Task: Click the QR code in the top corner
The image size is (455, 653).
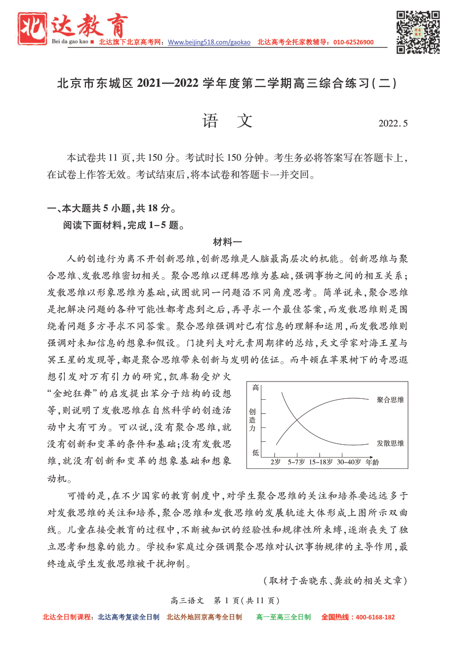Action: click(x=418, y=32)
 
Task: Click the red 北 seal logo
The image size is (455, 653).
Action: click(x=33, y=29)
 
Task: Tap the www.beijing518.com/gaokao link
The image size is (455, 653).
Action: click(x=209, y=42)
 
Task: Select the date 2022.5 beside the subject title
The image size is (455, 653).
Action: click(x=393, y=123)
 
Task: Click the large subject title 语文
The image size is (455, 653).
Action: click(x=227, y=121)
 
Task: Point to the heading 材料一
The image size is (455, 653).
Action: click(x=227, y=242)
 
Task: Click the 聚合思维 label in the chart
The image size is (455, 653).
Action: click(x=390, y=400)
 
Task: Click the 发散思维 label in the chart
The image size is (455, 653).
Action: click(x=390, y=443)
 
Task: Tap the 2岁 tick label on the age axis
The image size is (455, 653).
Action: click(x=276, y=462)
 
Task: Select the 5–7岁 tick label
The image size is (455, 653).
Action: click(x=296, y=462)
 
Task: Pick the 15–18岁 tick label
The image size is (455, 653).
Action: click(x=321, y=462)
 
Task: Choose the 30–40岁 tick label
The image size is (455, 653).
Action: click(x=349, y=462)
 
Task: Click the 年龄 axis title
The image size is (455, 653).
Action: click(x=372, y=462)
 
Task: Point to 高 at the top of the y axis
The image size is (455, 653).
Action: click(x=255, y=388)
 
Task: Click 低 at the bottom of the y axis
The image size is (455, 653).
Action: click(x=255, y=452)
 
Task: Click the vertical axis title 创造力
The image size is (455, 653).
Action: click(x=252, y=420)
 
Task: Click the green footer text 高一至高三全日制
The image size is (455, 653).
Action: click(x=284, y=617)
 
